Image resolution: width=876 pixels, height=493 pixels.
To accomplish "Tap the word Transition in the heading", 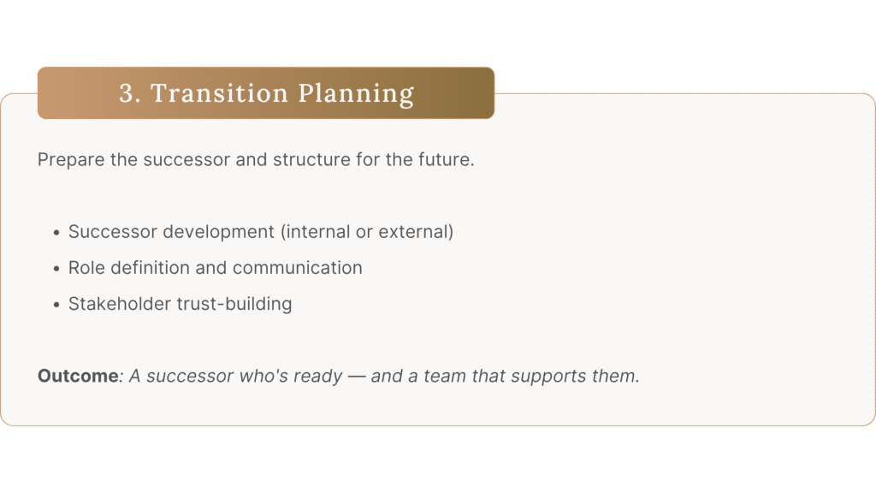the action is point(219,92).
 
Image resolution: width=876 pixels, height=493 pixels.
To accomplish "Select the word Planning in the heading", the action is point(356,94).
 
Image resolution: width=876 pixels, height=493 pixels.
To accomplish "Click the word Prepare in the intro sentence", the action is point(71,160).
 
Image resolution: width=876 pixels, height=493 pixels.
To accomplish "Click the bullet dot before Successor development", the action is point(56,233).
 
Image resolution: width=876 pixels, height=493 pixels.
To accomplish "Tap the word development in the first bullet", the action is point(222,232).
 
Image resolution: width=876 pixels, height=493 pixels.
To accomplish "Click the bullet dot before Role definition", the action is point(56,269).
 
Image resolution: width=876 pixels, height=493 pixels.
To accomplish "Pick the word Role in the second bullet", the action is point(86,268).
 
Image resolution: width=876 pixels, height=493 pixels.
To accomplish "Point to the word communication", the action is point(297,268).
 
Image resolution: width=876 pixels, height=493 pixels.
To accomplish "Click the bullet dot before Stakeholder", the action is point(56,305).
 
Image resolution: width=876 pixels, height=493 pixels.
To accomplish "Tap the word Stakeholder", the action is point(120,304).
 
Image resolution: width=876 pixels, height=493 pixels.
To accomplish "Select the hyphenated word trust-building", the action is point(234,304).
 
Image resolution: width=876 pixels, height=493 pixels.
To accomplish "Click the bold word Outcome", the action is point(78,376).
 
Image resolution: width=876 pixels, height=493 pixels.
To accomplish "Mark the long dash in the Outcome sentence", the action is point(357,377).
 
